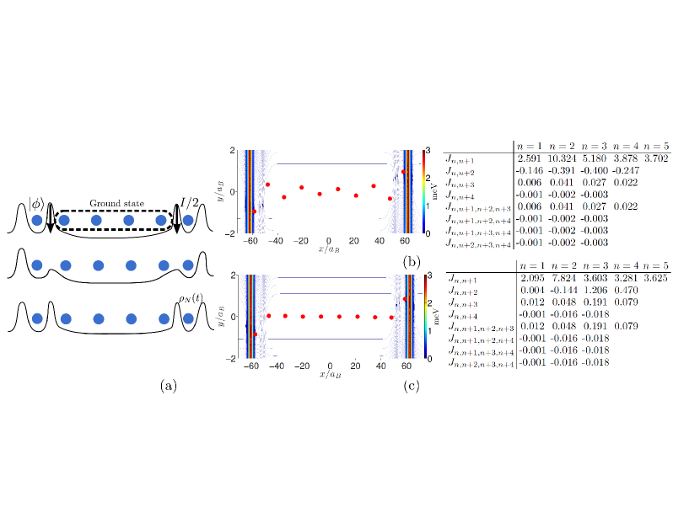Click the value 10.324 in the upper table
point(562,158)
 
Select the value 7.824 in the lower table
point(564,278)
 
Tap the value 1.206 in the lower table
point(595,290)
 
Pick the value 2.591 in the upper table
point(529,158)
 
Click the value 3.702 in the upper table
point(656,158)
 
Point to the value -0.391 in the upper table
point(562,170)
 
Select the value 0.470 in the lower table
point(627,290)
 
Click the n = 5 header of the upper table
point(656,147)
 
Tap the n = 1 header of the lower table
point(532,265)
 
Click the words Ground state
point(117,203)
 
